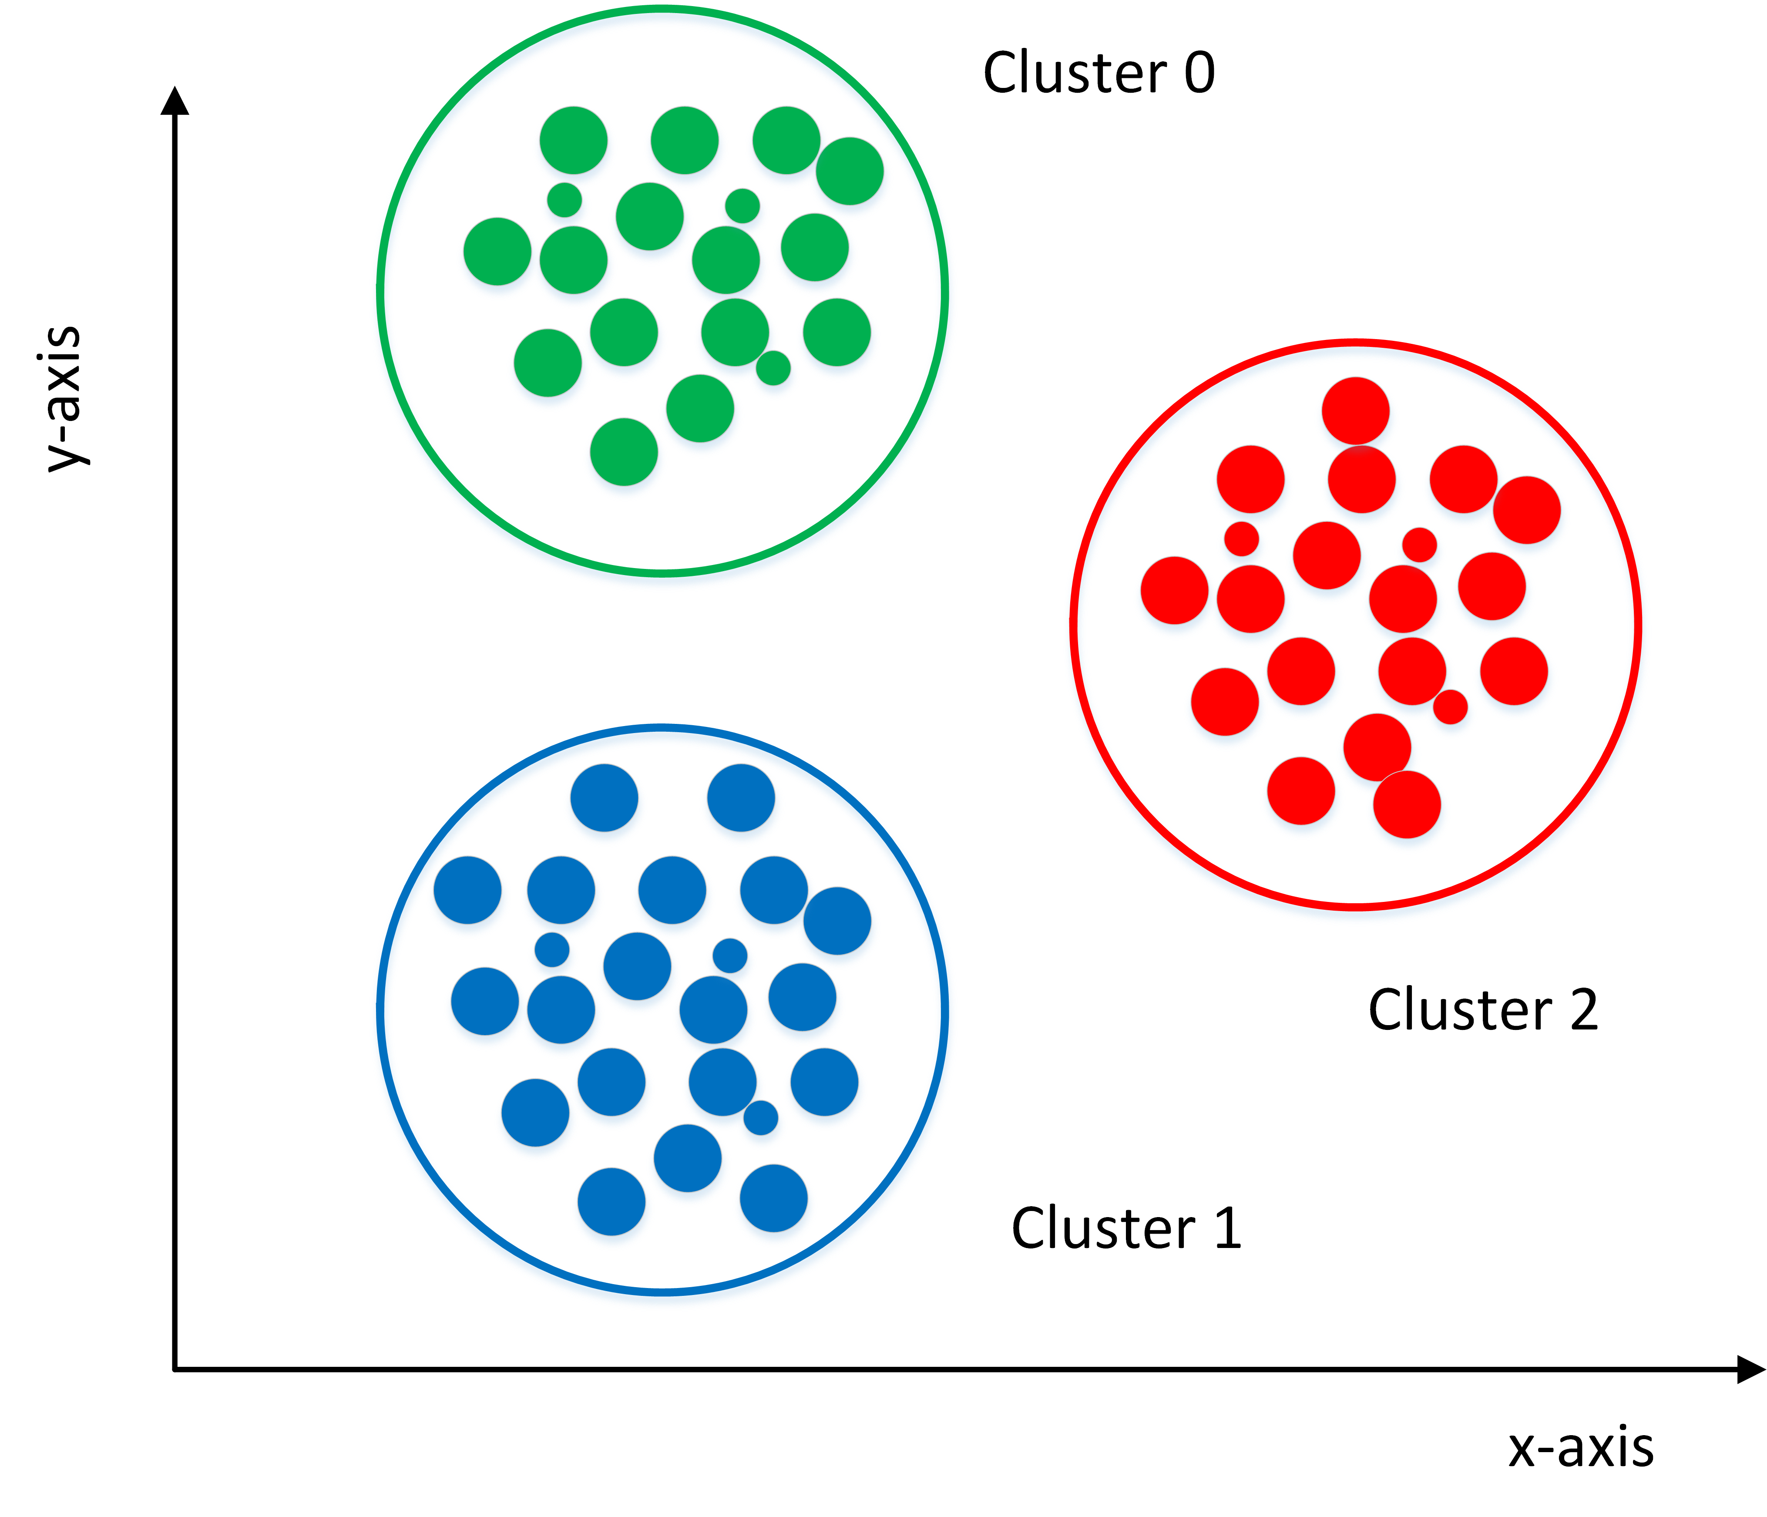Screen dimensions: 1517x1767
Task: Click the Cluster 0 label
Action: [x=1098, y=73]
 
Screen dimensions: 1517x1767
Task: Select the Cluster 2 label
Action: [x=1482, y=1010]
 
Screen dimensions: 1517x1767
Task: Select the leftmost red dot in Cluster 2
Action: [x=1174, y=590]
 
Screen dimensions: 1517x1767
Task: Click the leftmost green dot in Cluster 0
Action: [x=497, y=252]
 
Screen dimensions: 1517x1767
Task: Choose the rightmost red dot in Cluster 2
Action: [x=1526, y=510]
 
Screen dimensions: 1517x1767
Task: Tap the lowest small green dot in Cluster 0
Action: [x=773, y=367]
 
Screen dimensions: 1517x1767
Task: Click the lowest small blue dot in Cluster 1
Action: [x=761, y=1117]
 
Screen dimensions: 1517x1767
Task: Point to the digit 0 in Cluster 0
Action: [x=1199, y=73]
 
